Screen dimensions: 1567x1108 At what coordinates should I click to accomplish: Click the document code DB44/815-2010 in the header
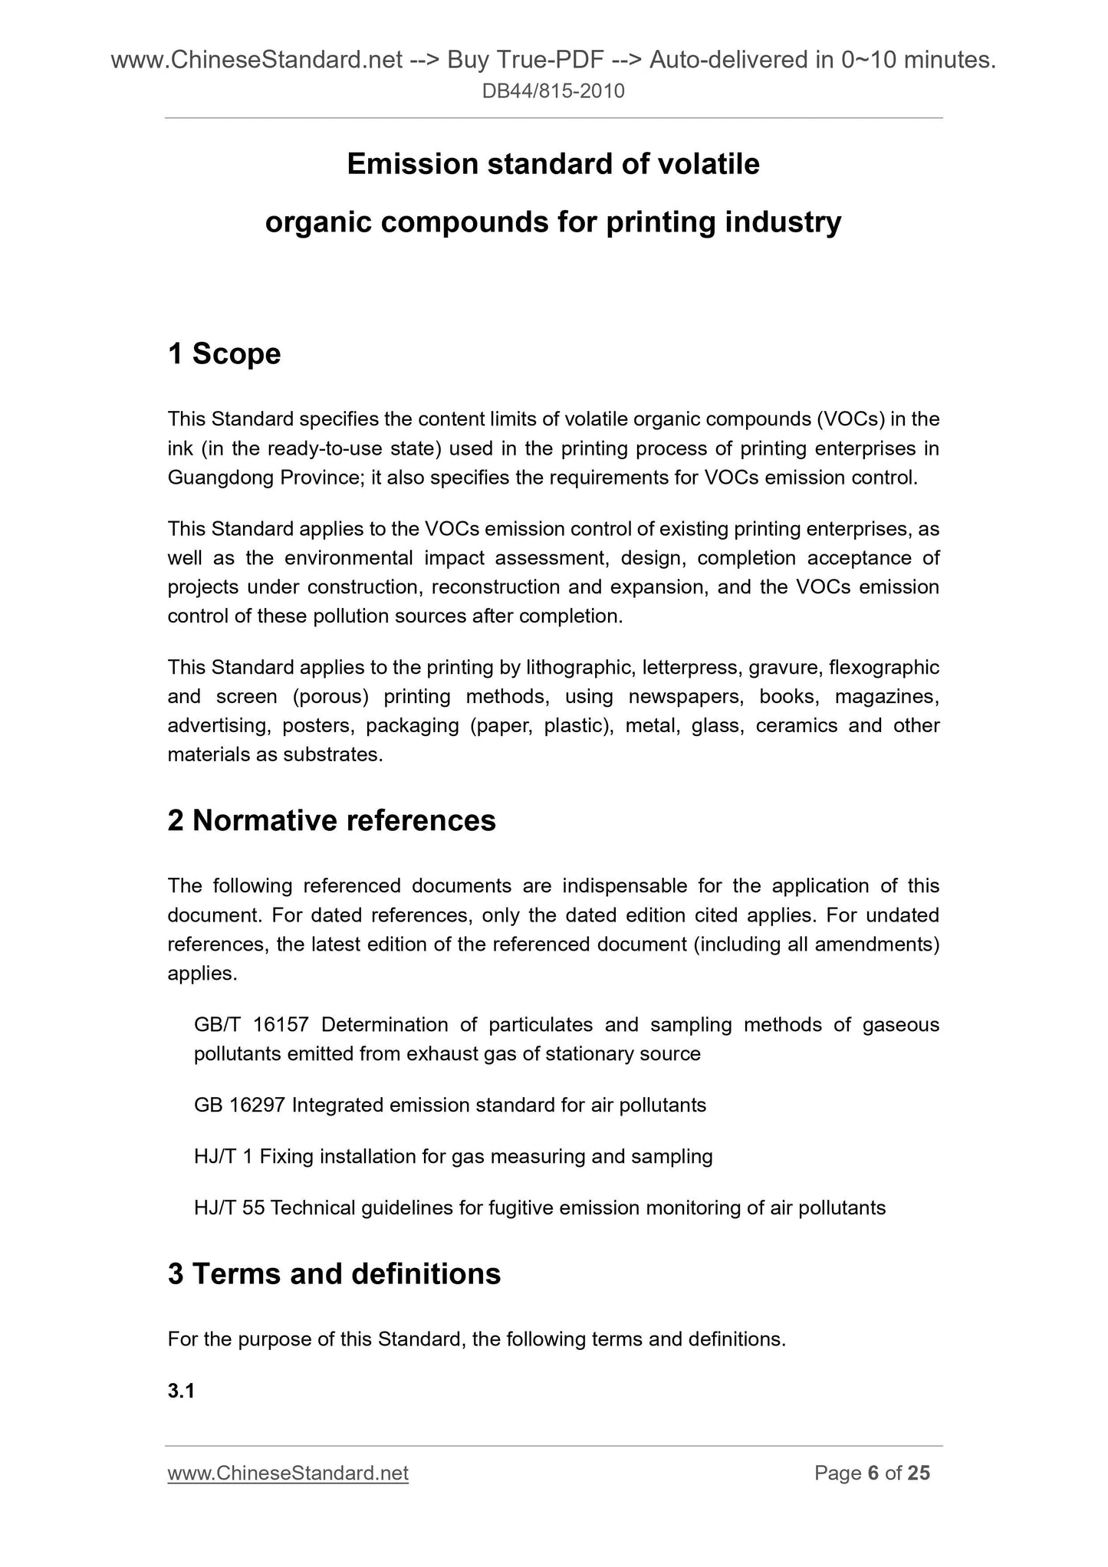pos(554,92)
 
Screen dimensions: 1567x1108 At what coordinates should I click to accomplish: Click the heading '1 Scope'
pos(224,354)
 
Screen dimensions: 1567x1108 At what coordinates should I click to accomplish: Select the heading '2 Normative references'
pos(331,820)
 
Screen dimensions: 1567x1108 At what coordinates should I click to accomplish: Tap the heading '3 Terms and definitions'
pos(334,1274)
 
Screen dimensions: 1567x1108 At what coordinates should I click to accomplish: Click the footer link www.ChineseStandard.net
pos(288,1473)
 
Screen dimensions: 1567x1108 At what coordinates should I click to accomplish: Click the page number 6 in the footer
pos(873,1473)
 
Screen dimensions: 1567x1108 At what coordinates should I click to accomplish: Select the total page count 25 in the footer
pos(919,1473)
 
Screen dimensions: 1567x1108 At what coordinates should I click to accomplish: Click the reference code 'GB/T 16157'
pos(252,1025)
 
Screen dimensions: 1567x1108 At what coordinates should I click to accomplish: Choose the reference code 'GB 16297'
pos(239,1105)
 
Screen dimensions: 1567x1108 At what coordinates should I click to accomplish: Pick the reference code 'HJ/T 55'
pos(229,1208)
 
